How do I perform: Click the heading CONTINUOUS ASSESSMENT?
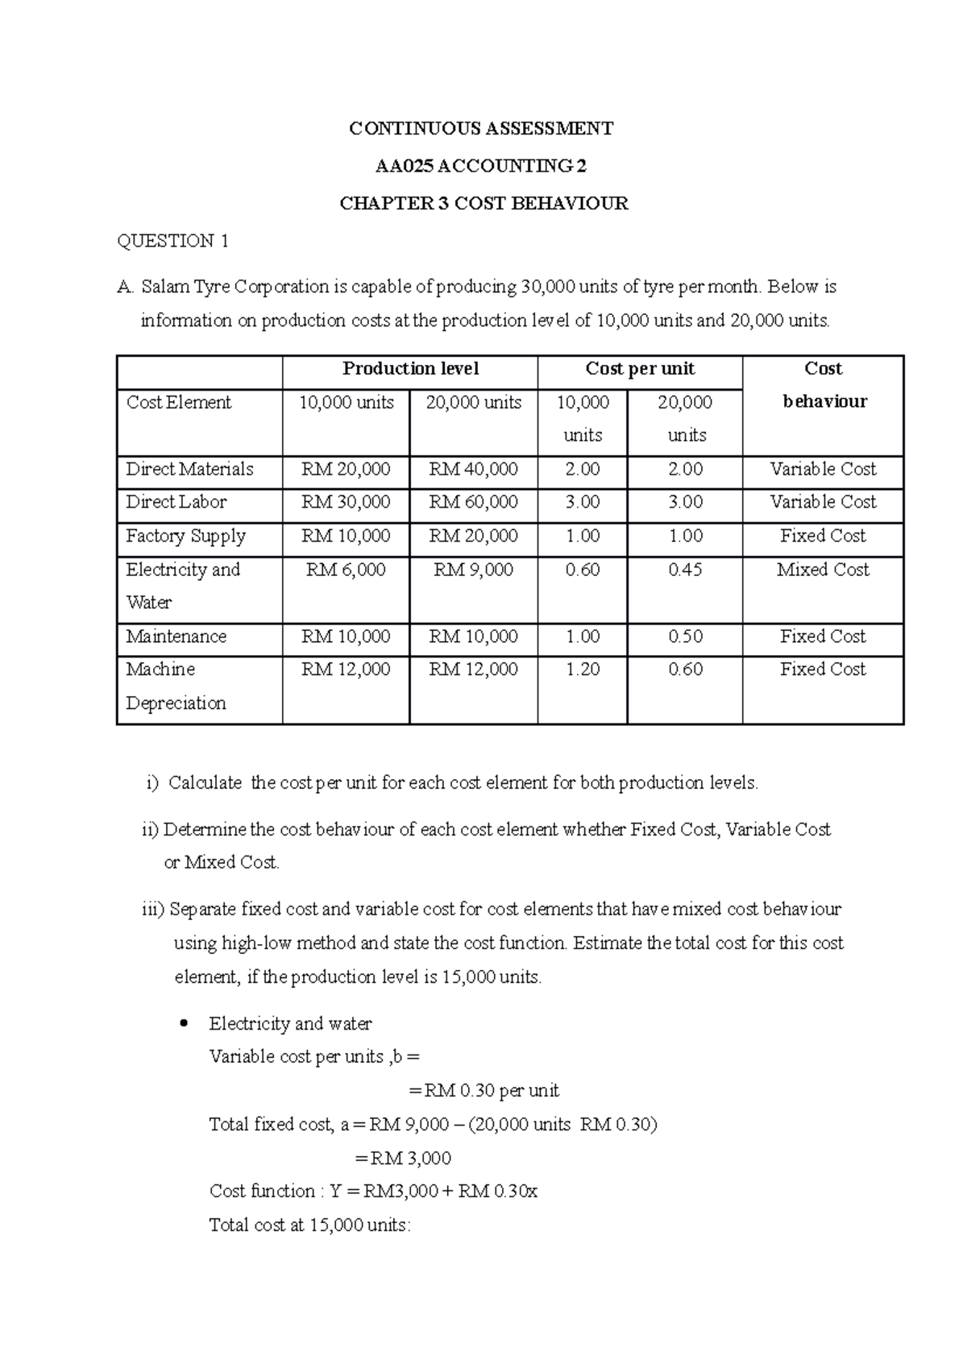pos(481,129)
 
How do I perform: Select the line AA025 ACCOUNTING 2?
pos(481,167)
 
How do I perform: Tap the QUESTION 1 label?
pos(173,241)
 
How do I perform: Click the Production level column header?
pos(410,369)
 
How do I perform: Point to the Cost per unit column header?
pos(640,369)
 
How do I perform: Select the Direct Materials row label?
pos(189,469)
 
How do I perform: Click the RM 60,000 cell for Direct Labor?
pos(473,502)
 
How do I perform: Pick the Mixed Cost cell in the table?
pos(823,570)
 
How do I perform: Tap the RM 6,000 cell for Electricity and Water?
pos(346,570)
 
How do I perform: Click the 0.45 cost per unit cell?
pos(685,570)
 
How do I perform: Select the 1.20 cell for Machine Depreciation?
pos(582,669)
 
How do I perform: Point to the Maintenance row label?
pos(176,636)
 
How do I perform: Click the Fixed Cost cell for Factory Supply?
pos(823,536)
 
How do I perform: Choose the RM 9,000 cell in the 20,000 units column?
pos(473,570)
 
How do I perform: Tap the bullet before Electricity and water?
pos(185,1024)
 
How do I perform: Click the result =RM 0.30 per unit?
pos(483,1091)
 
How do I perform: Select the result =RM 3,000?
pos(403,1159)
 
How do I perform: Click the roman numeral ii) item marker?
pos(151,830)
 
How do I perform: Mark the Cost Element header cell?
pos(179,402)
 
